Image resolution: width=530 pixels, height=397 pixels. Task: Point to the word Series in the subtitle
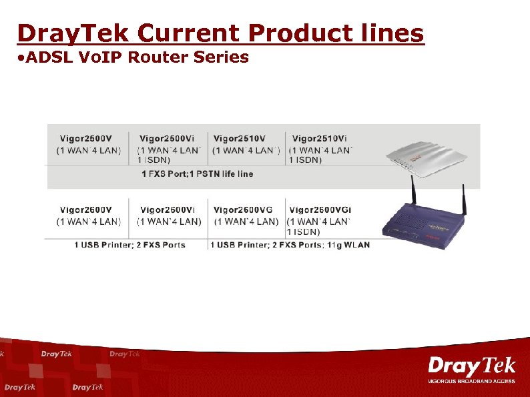point(221,57)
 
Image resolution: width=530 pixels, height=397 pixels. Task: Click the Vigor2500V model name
point(86,138)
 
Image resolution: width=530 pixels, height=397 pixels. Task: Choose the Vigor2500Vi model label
point(167,138)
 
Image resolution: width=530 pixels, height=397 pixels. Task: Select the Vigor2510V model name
point(240,138)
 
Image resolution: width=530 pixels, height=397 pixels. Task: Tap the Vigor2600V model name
point(86,210)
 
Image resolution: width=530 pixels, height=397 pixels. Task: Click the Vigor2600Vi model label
point(168,210)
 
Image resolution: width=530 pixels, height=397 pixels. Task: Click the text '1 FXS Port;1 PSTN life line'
point(197,173)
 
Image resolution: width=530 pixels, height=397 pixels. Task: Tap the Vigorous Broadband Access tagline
point(471,381)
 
